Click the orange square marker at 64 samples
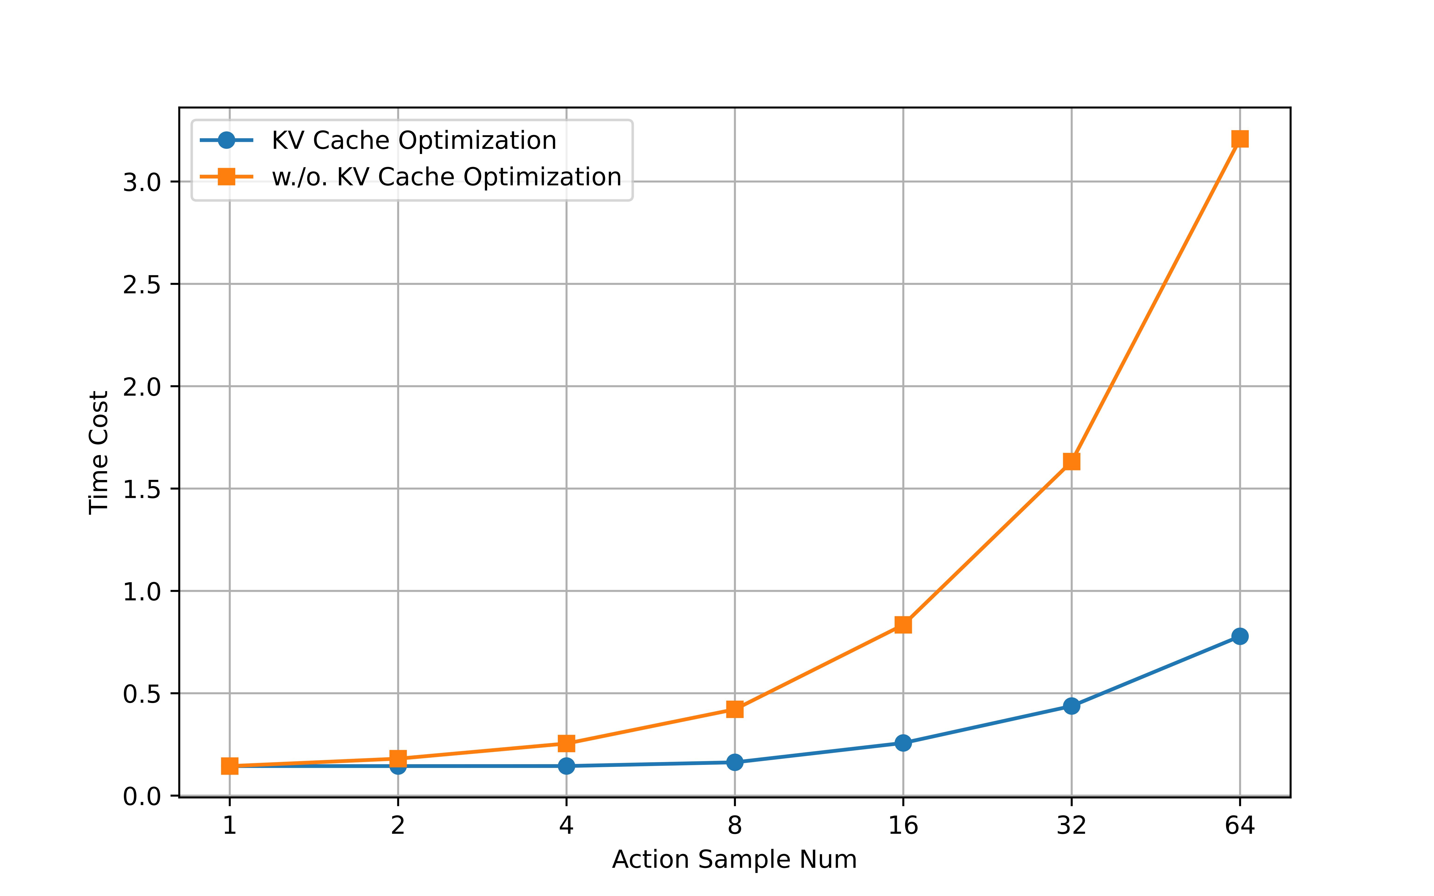click(x=1240, y=139)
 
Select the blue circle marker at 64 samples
click(x=1240, y=637)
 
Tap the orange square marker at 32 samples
click(x=1071, y=462)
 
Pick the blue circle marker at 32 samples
click(x=1071, y=706)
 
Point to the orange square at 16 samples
click(x=903, y=625)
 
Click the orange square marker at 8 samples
click(x=735, y=709)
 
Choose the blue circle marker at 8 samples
click(x=735, y=762)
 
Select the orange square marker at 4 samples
click(x=566, y=743)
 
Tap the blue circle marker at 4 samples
click(x=566, y=766)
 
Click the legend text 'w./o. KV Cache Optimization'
click(x=446, y=177)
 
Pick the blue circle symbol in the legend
click(x=226, y=140)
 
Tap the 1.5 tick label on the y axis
click(x=142, y=490)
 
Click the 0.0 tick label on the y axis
click(x=142, y=797)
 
